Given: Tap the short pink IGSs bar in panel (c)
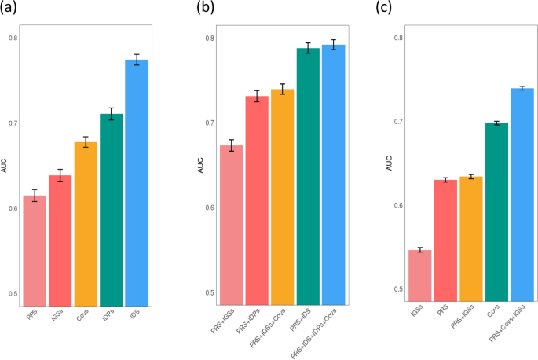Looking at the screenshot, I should pos(420,275).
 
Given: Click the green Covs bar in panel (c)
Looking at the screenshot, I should pos(496,212).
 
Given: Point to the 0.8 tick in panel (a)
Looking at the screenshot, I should pos(13,38).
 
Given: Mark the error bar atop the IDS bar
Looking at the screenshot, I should pos(137,60).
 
